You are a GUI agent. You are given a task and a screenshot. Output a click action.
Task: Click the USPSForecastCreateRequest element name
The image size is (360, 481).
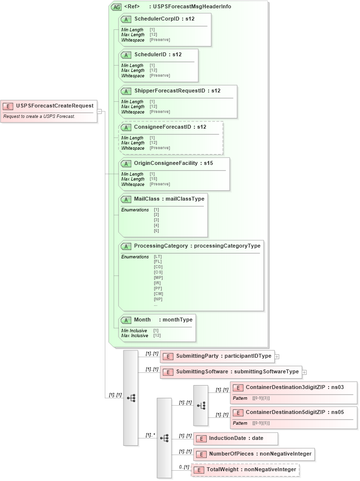(x=54, y=106)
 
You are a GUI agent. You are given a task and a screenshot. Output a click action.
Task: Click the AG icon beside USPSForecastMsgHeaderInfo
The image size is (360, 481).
(x=116, y=7)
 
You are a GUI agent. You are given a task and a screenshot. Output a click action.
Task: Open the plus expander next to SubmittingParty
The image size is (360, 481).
(x=277, y=357)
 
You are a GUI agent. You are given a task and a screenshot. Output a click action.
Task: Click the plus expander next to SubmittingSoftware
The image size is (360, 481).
(x=305, y=372)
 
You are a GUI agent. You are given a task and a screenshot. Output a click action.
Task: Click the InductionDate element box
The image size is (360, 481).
(x=236, y=438)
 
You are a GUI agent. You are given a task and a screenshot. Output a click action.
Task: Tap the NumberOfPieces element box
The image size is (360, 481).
(x=254, y=454)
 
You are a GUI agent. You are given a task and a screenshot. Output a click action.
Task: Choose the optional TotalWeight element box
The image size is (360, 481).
(x=245, y=469)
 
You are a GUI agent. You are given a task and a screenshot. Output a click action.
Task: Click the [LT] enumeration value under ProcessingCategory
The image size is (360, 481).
(x=158, y=256)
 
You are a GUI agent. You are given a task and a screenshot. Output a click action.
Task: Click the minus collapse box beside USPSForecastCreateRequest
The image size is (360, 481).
(x=99, y=111)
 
